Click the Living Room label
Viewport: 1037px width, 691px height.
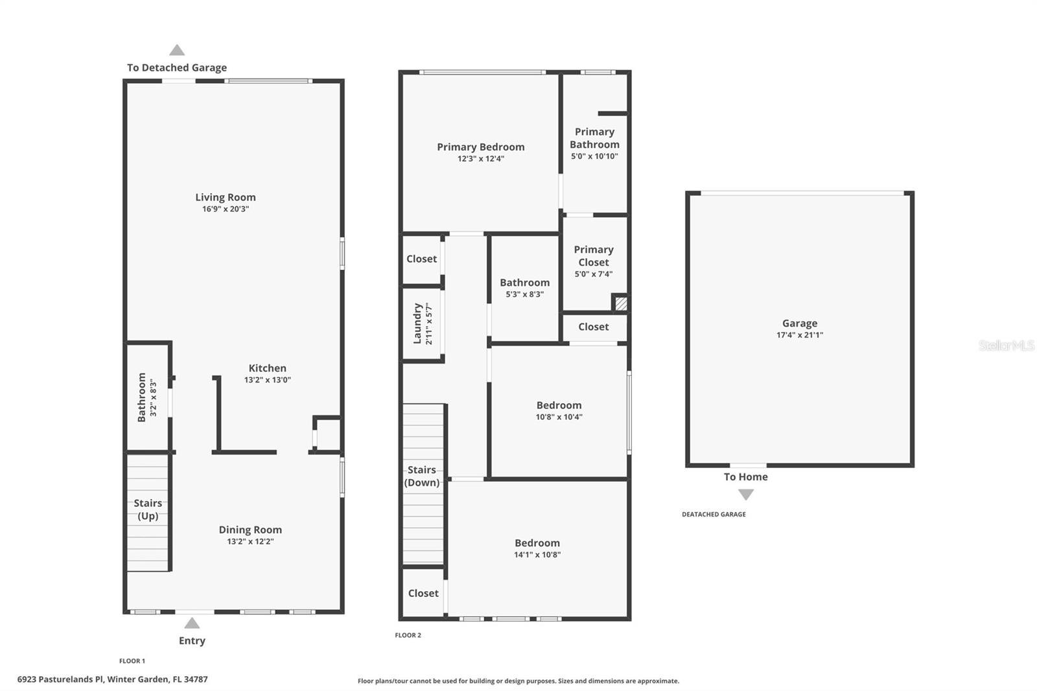[x=226, y=197]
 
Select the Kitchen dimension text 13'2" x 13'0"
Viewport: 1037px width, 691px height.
[x=267, y=380]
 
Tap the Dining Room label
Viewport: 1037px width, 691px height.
[x=250, y=530]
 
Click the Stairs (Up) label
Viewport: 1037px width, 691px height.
[x=148, y=509]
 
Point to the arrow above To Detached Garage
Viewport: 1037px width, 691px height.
[x=177, y=50]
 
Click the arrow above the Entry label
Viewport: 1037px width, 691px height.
[x=192, y=623]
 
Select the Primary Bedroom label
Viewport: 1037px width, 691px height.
[x=480, y=147]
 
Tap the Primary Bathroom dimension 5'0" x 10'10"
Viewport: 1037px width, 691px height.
[x=594, y=156]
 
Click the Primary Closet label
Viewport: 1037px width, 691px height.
[x=593, y=255]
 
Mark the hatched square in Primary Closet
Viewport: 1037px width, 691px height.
[x=620, y=303]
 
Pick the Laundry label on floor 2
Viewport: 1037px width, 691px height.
[x=418, y=323]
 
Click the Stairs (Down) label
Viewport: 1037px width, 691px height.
[x=422, y=476]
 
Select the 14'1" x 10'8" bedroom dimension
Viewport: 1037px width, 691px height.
[x=537, y=555]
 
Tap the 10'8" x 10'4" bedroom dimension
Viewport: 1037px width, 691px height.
[x=559, y=417]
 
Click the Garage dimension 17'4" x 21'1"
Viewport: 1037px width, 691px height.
[x=799, y=335]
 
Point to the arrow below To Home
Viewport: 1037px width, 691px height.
[x=746, y=495]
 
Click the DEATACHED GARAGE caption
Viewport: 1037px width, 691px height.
[x=714, y=514]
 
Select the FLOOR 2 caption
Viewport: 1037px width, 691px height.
[x=408, y=635]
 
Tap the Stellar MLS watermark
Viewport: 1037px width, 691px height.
[x=1006, y=345]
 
